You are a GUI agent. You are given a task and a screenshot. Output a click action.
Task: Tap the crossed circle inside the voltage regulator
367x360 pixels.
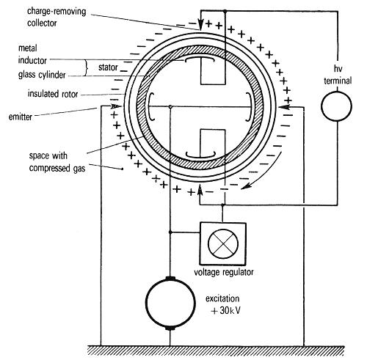pos(223,243)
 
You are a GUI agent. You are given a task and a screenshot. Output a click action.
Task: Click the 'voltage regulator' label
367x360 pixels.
pos(224,272)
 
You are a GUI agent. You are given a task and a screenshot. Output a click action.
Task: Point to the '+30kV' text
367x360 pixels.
pos(226,310)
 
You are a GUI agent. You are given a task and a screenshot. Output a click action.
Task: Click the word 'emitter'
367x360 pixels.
pos(21,117)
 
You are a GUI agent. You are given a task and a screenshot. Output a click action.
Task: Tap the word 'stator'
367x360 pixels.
pos(108,67)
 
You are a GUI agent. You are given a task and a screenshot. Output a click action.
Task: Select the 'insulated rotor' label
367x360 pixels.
pos(53,94)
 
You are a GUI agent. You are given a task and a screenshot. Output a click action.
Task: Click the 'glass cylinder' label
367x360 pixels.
pos(42,75)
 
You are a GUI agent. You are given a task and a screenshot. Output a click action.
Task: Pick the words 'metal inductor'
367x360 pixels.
pos(32,54)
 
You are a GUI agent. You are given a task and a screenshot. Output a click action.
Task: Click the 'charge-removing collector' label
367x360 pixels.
pos(57,17)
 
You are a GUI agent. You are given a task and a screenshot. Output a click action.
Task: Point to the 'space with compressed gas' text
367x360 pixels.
pos(57,162)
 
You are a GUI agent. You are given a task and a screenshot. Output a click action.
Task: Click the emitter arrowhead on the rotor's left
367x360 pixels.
pos(116,106)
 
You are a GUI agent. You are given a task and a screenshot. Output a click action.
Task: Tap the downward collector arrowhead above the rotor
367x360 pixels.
pos(200,25)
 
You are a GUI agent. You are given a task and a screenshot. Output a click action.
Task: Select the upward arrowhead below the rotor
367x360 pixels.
pos(200,190)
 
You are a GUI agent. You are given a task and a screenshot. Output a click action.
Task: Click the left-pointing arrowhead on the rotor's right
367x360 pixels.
pos(284,107)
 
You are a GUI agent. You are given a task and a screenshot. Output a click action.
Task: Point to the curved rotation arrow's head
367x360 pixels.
pos(246,186)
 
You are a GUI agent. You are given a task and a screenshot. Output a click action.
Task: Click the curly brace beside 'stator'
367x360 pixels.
pos(86,67)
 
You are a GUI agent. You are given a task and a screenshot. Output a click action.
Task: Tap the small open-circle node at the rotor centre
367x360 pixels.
pos(170,107)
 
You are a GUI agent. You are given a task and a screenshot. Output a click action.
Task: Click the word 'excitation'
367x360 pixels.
pos(222,298)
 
